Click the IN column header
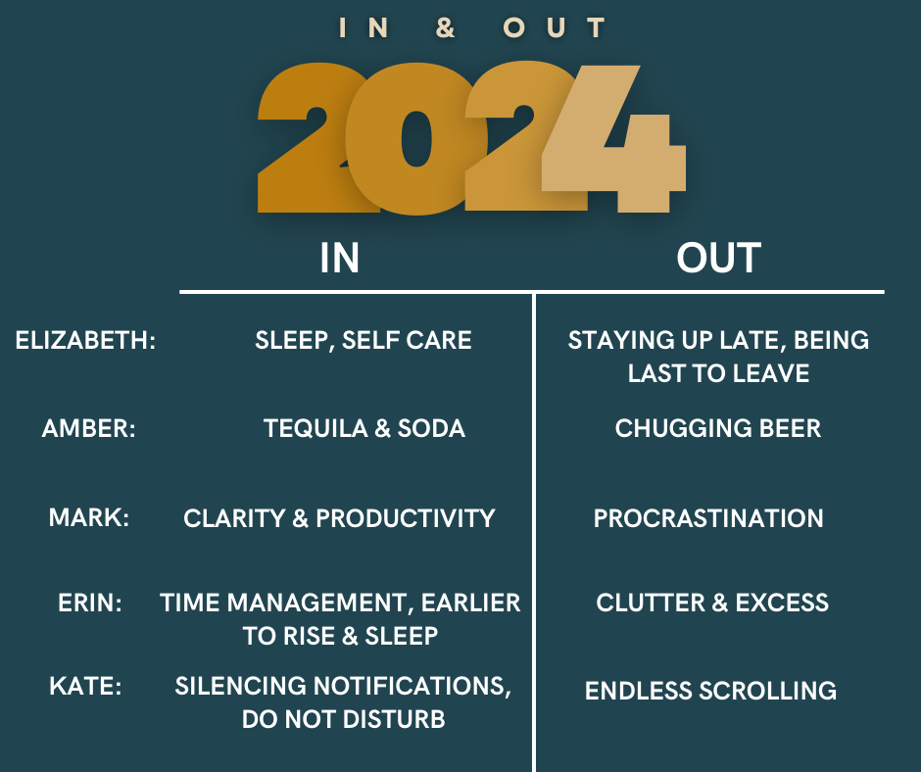(x=340, y=258)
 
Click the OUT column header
(x=718, y=258)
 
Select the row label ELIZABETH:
(x=86, y=340)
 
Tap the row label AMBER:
(x=89, y=428)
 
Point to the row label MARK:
(x=89, y=517)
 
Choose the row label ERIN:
(x=90, y=603)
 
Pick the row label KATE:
(x=85, y=686)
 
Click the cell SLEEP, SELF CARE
(x=363, y=341)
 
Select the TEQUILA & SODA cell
(x=364, y=428)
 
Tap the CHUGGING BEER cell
(x=718, y=428)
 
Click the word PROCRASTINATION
(x=708, y=518)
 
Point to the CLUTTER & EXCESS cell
(x=712, y=603)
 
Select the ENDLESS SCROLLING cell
(x=710, y=691)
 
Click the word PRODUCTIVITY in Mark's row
(x=406, y=518)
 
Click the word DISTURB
(x=394, y=719)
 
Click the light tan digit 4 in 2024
(x=613, y=139)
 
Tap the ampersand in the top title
(x=445, y=27)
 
